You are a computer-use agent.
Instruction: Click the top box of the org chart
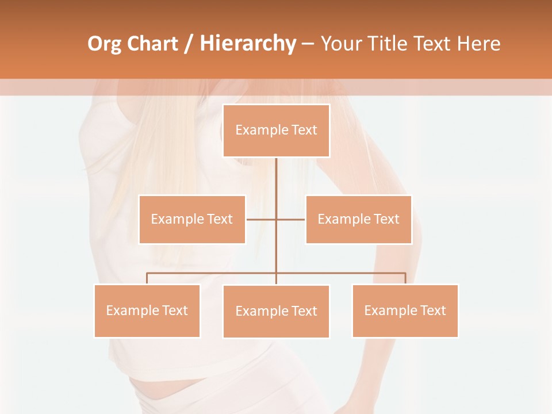pyautogui.click(x=276, y=131)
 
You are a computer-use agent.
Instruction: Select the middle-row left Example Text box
pyautogui.click(x=192, y=219)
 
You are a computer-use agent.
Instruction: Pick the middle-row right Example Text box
pyautogui.click(x=358, y=219)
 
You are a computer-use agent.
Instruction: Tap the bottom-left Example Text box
pyautogui.click(x=147, y=310)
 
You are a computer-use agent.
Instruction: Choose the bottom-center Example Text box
pyautogui.click(x=276, y=311)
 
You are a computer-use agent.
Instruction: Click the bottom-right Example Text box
pyautogui.click(x=405, y=310)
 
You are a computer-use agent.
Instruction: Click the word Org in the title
pyautogui.click(x=104, y=44)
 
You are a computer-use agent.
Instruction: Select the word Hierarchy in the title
pyautogui.click(x=248, y=44)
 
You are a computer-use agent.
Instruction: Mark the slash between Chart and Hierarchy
pyautogui.click(x=189, y=44)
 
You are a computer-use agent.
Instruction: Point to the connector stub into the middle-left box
pyautogui.click(x=260, y=219)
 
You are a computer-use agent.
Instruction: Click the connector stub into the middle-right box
pyautogui.click(x=291, y=219)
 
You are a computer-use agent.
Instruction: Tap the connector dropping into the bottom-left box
pyautogui.click(x=147, y=278)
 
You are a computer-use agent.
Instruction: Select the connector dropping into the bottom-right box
pyautogui.click(x=405, y=278)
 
